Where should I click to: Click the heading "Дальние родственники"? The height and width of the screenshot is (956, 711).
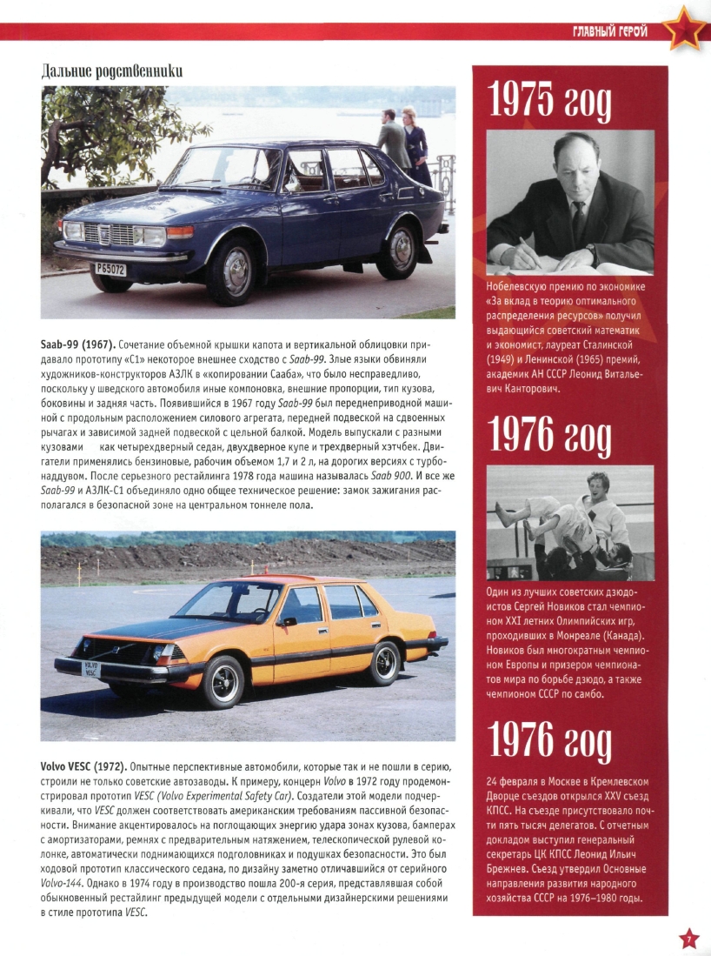112,72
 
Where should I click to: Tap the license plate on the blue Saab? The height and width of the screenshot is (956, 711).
110,270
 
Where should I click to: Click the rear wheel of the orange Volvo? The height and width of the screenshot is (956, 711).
383,663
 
